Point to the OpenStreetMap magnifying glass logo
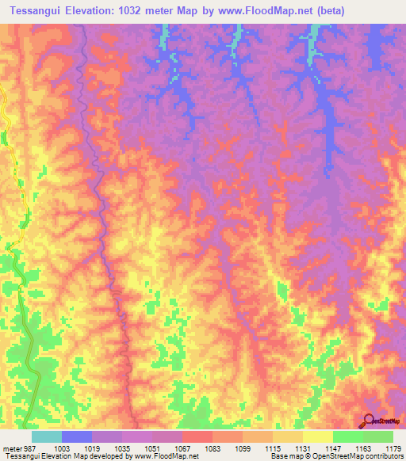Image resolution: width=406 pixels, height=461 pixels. pos(370,420)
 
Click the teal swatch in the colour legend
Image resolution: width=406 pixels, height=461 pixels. pos(46,436)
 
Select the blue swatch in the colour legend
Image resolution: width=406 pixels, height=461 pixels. pos(76,436)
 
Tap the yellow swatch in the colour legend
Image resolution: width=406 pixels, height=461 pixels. pos(317,436)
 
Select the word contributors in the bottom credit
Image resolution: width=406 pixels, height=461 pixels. pos(382,455)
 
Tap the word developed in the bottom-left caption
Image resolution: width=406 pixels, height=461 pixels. pos(105,455)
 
